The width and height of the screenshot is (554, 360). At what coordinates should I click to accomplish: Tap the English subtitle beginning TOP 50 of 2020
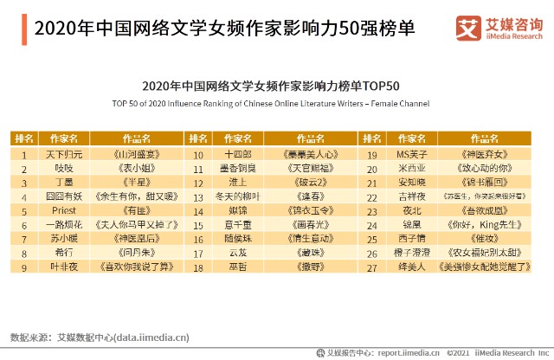coord(270,104)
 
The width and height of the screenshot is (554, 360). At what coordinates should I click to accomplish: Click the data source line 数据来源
coord(100,336)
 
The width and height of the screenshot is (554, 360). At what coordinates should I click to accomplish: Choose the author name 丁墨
coord(64,183)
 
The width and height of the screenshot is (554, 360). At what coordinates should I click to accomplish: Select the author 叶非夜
coord(64,267)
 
